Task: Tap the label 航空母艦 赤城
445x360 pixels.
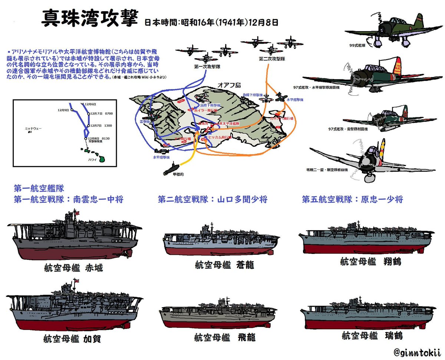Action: click(x=73, y=268)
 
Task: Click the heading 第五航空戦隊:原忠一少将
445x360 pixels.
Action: click(x=352, y=199)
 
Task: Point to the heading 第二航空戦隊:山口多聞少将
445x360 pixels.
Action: click(x=212, y=199)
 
